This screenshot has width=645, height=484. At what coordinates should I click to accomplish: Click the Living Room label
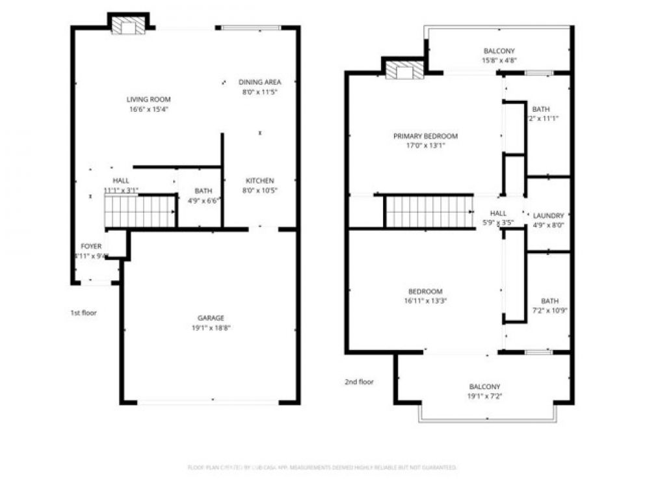tap(148, 100)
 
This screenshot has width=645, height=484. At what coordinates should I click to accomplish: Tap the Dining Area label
tap(259, 82)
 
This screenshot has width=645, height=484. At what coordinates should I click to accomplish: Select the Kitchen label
tap(259, 180)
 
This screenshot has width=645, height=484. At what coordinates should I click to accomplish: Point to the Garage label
tap(211, 318)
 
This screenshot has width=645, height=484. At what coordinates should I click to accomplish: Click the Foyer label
tap(91, 247)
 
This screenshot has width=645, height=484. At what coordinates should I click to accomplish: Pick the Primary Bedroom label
tap(425, 136)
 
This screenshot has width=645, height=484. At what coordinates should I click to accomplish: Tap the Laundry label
tap(548, 215)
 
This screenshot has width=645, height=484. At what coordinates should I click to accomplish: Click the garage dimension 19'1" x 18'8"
tap(211, 328)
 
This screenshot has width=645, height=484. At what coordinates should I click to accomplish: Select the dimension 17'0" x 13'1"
tap(425, 146)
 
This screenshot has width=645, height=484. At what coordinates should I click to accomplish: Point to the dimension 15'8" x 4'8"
tap(499, 60)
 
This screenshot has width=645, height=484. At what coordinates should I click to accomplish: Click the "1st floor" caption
tap(83, 313)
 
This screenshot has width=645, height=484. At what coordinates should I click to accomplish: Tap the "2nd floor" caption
tap(359, 382)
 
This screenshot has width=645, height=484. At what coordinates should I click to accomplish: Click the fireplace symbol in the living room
tap(127, 25)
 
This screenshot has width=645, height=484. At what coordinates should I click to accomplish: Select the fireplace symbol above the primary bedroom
tap(404, 70)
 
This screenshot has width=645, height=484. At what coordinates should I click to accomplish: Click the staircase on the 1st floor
tap(140, 211)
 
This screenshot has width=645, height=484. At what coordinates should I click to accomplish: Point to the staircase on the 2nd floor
tap(429, 211)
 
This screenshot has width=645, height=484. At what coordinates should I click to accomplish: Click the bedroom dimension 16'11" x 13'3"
tap(425, 301)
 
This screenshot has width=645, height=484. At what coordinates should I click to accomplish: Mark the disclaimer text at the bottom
tap(322, 467)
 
